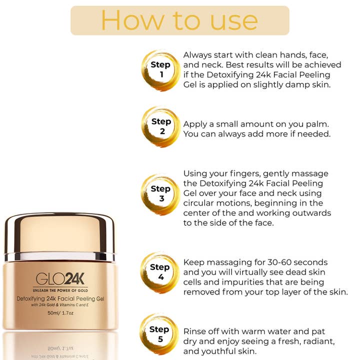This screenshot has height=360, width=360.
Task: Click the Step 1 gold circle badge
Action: coord(160,70)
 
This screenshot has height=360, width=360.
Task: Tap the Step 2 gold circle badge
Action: coord(160,126)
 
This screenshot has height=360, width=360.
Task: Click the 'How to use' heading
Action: coord(179,20)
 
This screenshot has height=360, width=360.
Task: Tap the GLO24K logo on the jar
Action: coord(59,279)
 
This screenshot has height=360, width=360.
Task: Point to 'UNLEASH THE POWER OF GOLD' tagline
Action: coord(59,290)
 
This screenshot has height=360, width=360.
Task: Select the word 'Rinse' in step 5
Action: coord(195,331)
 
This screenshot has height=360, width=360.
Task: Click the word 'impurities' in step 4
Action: coord(240,282)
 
